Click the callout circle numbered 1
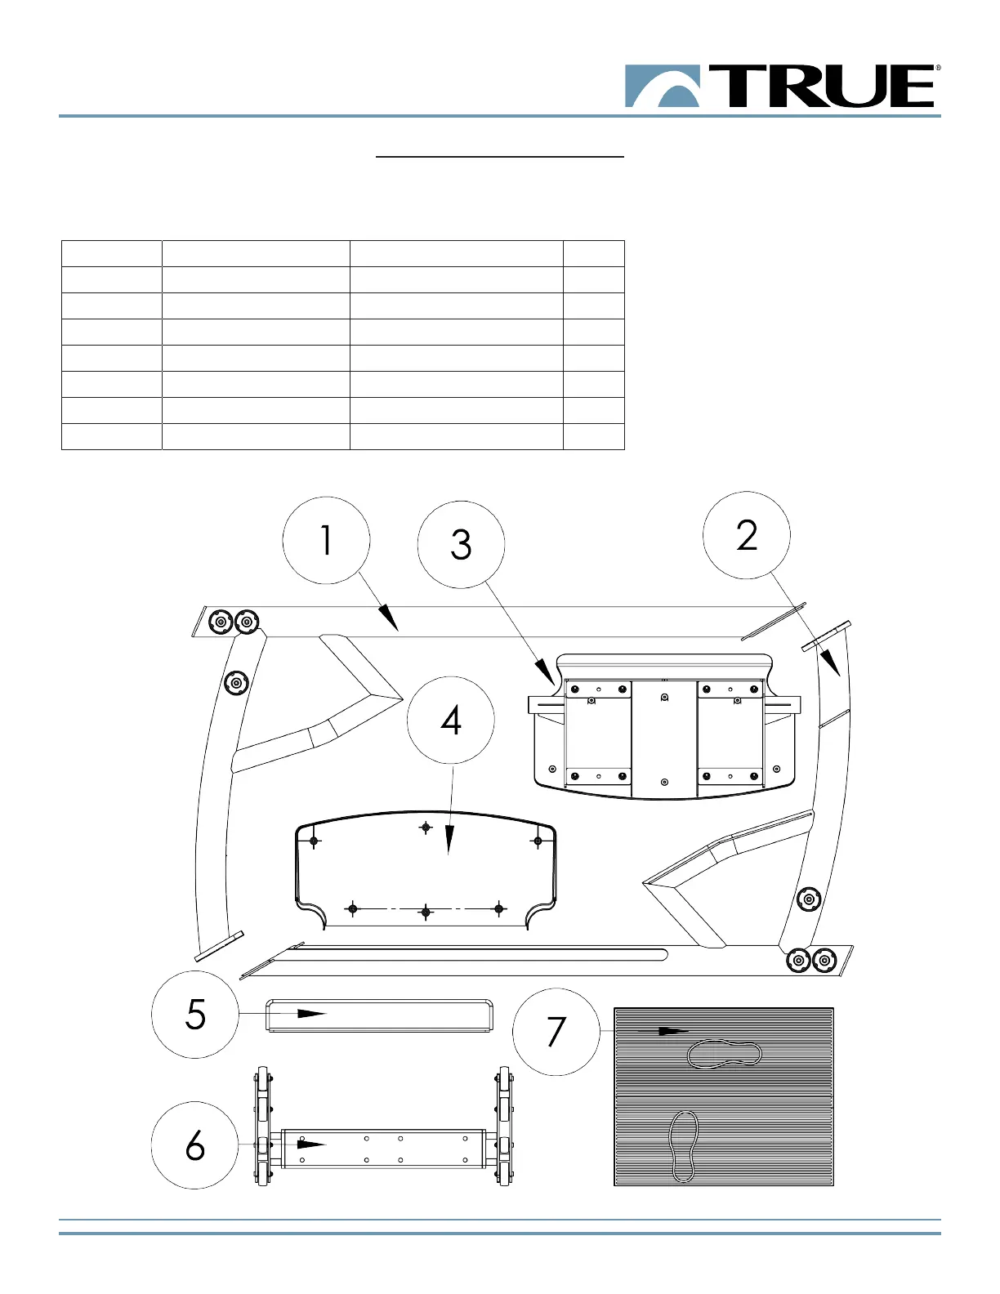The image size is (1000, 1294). [326, 540]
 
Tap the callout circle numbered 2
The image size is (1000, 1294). [747, 535]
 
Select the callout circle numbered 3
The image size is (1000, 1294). [461, 544]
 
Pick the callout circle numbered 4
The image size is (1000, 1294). [450, 721]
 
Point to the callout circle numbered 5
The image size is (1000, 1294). [195, 1015]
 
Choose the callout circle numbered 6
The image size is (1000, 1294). [195, 1145]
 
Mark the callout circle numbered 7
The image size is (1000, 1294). [556, 1032]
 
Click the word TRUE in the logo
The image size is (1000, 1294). [822, 87]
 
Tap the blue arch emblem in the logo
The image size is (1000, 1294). [663, 87]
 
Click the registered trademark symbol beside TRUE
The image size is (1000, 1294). [938, 69]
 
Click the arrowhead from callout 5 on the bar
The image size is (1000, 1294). [312, 1014]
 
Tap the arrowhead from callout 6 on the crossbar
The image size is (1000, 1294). [312, 1145]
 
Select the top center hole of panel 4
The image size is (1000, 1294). [426, 828]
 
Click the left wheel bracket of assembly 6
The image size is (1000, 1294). [262, 1126]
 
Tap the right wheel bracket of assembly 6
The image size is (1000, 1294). [504, 1126]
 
